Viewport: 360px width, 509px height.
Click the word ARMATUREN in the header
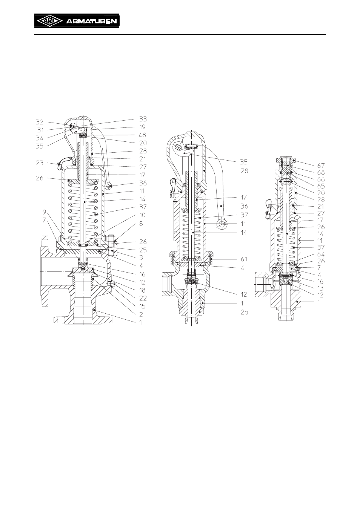click(x=91, y=22)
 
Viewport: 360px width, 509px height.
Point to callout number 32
click(x=40, y=122)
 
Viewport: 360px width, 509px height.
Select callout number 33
click(x=143, y=119)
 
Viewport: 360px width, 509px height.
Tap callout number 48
click(x=142, y=135)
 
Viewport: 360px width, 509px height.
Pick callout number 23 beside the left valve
click(x=40, y=163)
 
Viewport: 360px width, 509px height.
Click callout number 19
click(x=142, y=127)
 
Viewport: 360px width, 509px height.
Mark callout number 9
click(x=44, y=212)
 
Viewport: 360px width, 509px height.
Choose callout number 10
click(x=142, y=215)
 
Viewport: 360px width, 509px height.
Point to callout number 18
click(x=142, y=290)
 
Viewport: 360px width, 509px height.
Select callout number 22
click(x=143, y=298)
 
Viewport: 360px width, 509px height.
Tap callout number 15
click(x=142, y=306)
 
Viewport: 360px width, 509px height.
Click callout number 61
click(x=244, y=259)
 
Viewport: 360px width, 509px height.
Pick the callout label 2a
click(x=244, y=313)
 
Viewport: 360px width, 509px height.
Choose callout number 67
click(x=321, y=166)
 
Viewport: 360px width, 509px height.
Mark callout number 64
click(x=321, y=254)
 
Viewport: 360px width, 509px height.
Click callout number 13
click(x=320, y=288)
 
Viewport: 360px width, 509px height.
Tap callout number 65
click(x=321, y=186)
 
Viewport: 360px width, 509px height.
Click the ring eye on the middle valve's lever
click(x=222, y=224)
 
